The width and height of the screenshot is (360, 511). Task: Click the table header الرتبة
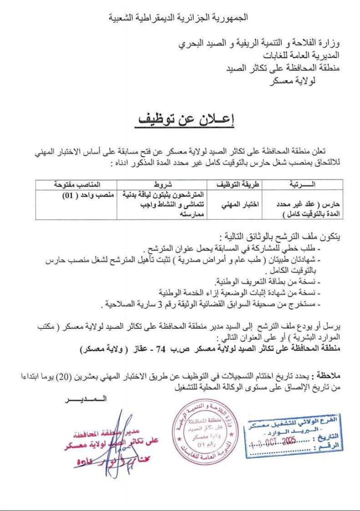(307, 184)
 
